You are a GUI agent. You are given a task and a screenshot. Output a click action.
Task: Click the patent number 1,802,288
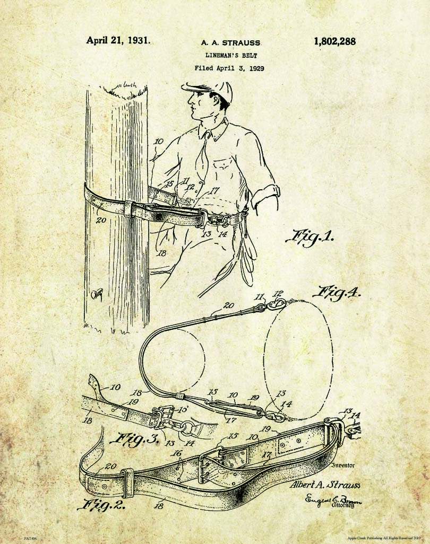[x=334, y=41]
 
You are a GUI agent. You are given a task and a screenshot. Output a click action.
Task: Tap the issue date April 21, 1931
[x=118, y=40]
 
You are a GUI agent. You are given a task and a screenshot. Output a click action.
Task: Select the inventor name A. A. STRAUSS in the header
[x=230, y=42]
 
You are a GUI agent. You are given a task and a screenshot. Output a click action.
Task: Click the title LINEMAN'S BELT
[x=229, y=55]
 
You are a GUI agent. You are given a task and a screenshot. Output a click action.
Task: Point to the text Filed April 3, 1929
[x=229, y=68]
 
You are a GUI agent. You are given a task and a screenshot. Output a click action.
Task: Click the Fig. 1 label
[x=309, y=236]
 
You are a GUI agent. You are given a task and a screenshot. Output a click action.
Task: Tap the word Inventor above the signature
[x=342, y=466]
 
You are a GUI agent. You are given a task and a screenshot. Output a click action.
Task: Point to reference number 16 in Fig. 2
[x=177, y=453]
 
